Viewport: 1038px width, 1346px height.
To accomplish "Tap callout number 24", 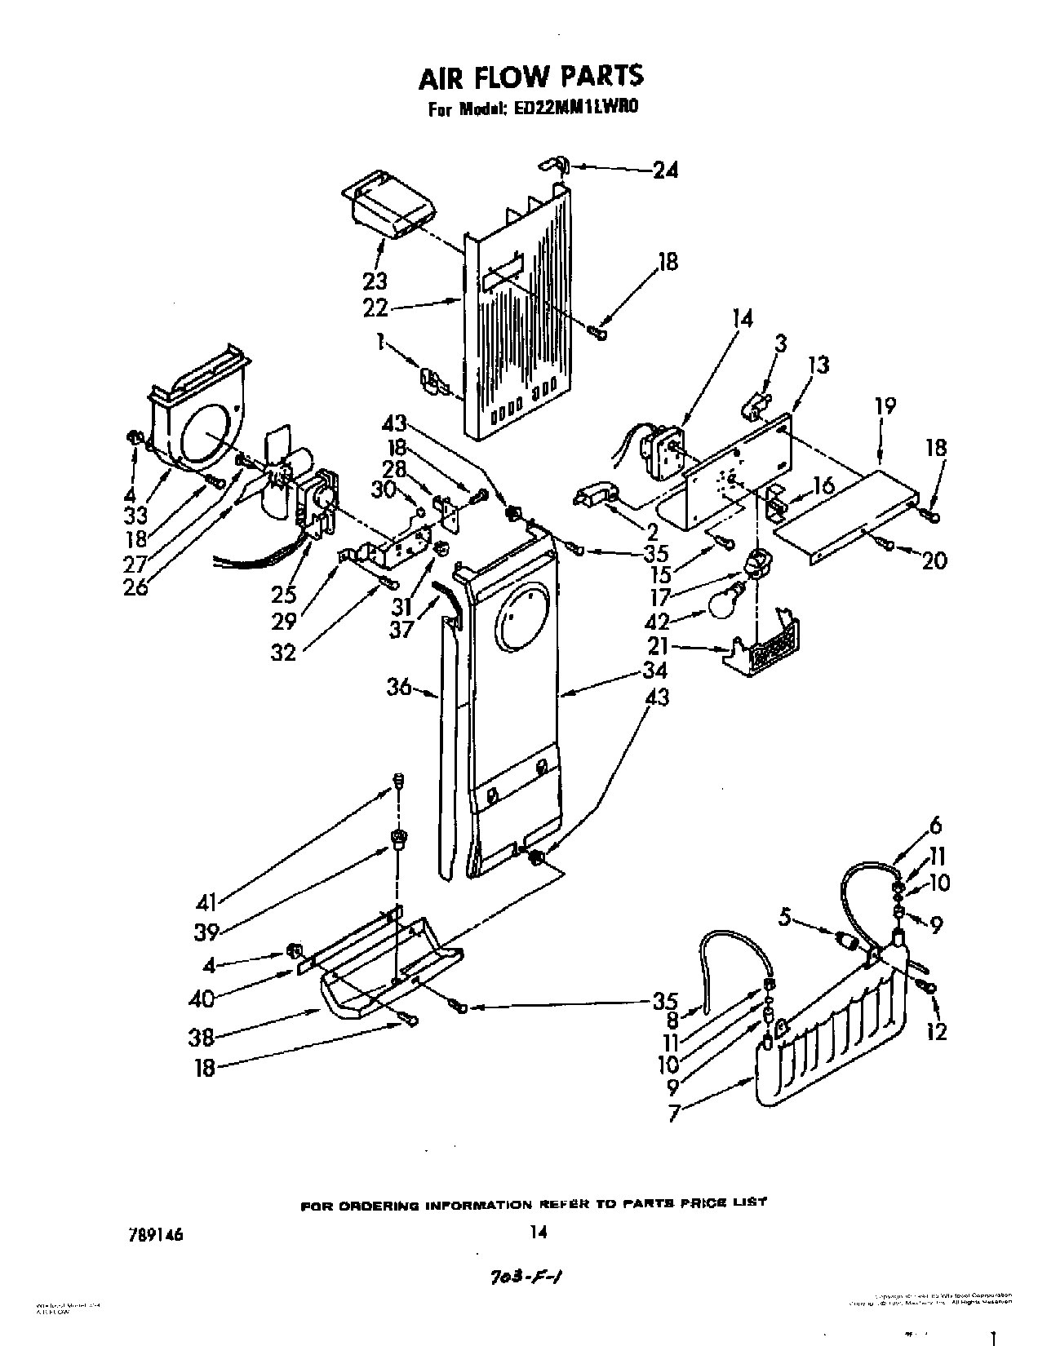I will tap(665, 170).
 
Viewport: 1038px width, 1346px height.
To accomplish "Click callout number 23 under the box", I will tap(375, 281).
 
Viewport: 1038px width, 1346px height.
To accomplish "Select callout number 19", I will tap(885, 405).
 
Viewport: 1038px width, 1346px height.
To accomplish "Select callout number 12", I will tap(937, 1032).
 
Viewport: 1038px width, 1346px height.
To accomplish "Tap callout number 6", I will tap(935, 826).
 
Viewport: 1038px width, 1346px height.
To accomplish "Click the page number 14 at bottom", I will tap(537, 1233).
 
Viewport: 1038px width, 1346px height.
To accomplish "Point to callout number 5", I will tap(784, 918).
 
